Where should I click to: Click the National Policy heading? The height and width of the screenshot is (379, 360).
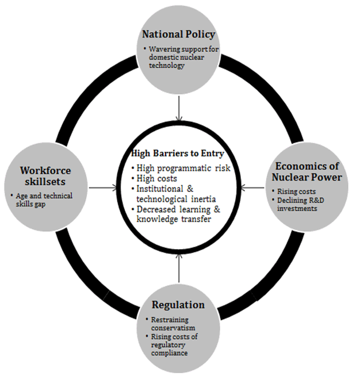(x=178, y=35)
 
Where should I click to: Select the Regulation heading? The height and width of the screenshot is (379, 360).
(x=178, y=305)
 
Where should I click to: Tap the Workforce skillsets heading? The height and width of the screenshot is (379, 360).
(x=45, y=176)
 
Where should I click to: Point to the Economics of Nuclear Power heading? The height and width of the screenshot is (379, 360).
(x=307, y=171)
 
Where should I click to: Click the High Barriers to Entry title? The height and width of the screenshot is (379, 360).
(x=178, y=153)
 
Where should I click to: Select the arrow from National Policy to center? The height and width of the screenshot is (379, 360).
(x=179, y=108)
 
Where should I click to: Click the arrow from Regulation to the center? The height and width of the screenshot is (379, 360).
(x=179, y=268)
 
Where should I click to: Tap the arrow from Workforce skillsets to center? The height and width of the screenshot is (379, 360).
(x=103, y=187)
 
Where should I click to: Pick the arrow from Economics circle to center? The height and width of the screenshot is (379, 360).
(x=253, y=187)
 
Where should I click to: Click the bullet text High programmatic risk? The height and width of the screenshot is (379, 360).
(x=183, y=168)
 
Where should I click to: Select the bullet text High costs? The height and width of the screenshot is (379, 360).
(x=156, y=178)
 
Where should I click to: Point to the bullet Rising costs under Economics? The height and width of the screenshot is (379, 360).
(x=296, y=192)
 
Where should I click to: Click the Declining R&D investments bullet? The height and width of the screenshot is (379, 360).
(x=301, y=204)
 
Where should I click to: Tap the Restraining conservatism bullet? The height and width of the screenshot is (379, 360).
(x=173, y=324)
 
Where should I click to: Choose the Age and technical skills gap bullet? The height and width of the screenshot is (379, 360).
(x=44, y=200)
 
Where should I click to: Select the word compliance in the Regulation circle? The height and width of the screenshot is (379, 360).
(x=169, y=353)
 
